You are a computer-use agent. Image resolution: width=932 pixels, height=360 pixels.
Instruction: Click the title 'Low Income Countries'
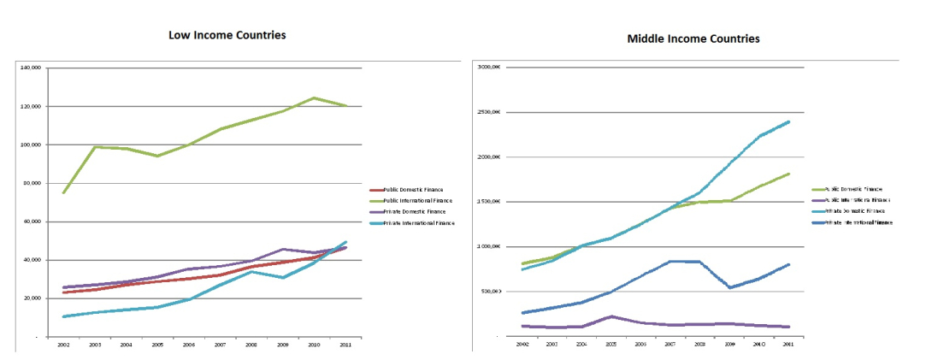pos(227,35)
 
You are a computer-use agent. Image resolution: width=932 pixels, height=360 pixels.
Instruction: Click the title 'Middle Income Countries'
pos(693,38)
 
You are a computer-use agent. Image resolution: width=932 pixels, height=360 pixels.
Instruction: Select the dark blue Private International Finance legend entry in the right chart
pos(852,221)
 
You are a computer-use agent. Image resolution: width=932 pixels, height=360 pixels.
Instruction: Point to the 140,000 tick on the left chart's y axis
pos(32,68)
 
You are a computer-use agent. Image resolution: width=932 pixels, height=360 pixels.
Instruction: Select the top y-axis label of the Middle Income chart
pos(490,68)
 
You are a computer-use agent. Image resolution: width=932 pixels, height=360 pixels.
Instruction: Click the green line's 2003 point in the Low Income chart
pos(96,147)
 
